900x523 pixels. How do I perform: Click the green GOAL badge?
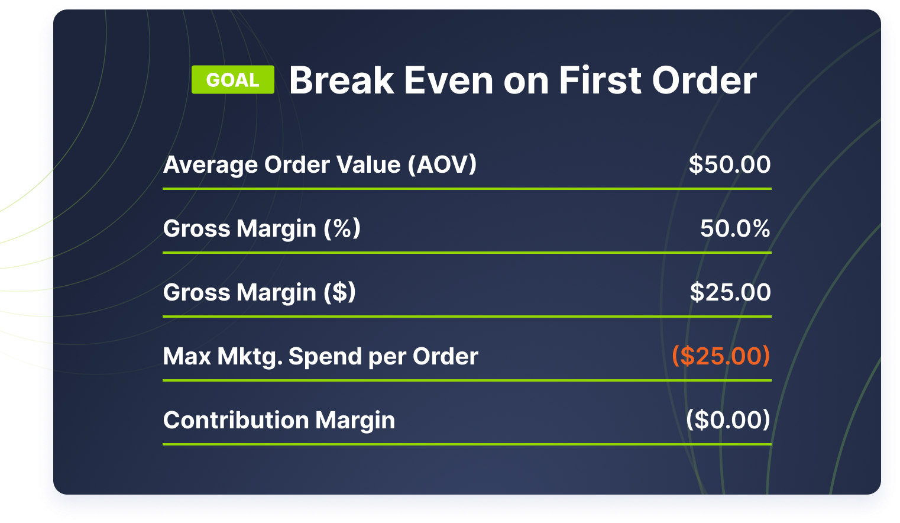232,80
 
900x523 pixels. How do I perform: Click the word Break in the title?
341,80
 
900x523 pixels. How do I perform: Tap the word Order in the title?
704,80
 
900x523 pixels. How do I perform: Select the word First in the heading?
600,80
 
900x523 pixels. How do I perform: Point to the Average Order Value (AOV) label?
320,165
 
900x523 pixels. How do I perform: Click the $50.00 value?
730,164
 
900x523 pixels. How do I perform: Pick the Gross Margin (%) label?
261,229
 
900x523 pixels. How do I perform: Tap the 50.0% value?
735,228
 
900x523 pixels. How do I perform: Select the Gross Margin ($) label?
259,292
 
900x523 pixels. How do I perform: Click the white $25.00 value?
730,292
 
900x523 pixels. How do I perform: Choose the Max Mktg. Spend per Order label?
320,357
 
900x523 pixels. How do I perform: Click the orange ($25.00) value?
721,356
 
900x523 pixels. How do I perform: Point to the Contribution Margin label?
279,420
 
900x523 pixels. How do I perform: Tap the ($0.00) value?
728,420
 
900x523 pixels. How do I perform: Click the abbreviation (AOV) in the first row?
442,165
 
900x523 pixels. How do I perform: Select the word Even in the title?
448,80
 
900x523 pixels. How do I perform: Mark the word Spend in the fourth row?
325,357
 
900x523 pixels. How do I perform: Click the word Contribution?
236,420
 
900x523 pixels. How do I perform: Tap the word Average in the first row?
210,166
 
